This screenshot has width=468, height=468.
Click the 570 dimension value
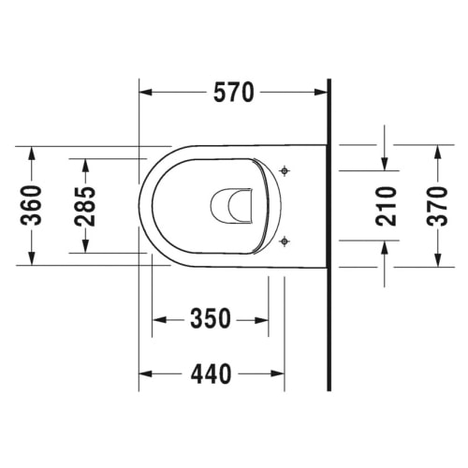click(x=234, y=93)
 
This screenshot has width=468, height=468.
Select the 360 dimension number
click(x=31, y=205)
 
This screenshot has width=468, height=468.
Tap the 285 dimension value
click(x=85, y=206)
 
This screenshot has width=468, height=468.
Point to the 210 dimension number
click(x=386, y=206)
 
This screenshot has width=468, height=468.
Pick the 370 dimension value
click(x=437, y=206)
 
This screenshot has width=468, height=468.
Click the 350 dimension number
click(x=211, y=318)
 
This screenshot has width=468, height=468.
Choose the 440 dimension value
click(x=212, y=373)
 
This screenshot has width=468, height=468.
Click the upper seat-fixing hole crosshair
click(x=285, y=170)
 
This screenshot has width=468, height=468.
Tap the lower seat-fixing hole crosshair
click(x=285, y=241)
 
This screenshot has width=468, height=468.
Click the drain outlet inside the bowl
click(x=231, y=206)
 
